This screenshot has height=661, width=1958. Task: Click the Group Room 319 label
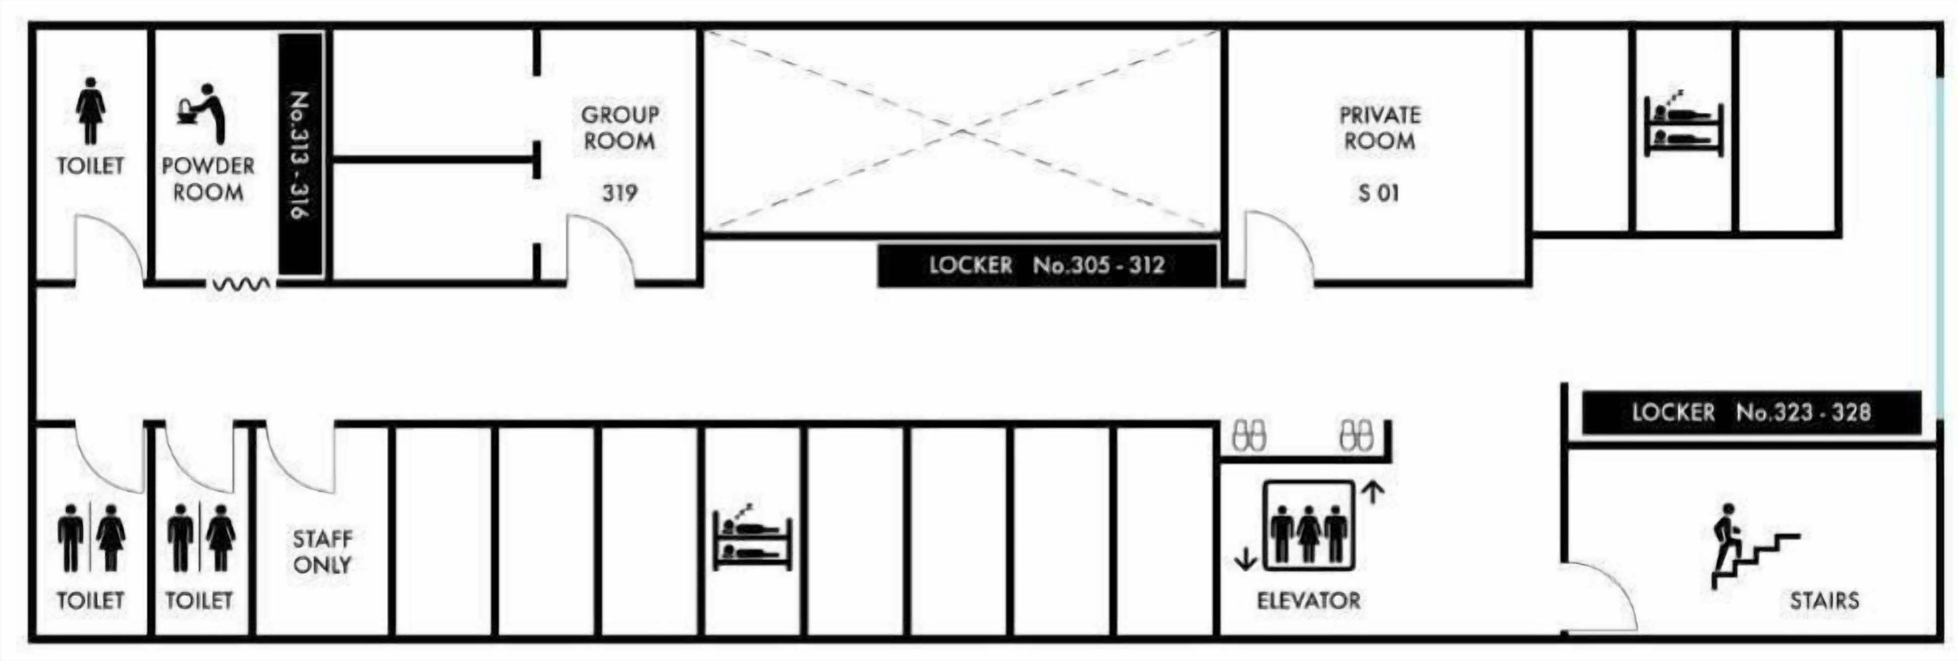tap(620, 154)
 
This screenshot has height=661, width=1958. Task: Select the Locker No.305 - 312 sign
tap(1047, 265)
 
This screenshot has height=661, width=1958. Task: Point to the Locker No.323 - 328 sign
tap(1751, 412)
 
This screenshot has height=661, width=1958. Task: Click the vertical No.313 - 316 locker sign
tap(301, 154)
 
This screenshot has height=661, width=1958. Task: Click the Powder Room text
tap(208, 179)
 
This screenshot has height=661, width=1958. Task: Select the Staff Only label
tap(322, 552)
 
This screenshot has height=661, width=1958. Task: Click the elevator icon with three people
tap(1308, 526)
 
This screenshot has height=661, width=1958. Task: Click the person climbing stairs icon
tap(1754, 545)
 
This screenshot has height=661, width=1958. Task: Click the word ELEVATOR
tap(1308, 600)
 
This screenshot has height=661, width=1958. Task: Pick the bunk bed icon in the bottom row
tap(752, 537)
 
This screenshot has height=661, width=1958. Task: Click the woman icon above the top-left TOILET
tap(90, 111)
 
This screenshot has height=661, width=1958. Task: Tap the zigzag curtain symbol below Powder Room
tap(240, 285)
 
